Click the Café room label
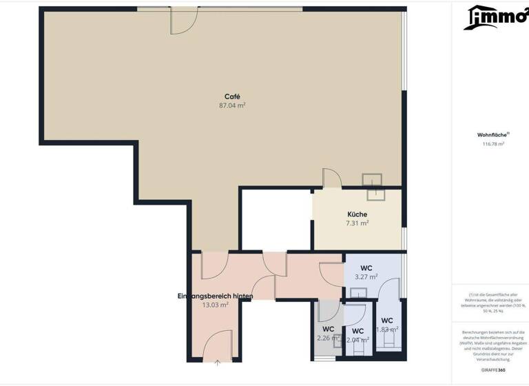232,96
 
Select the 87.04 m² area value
232,105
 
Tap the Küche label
357,214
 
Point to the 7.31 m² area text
357,223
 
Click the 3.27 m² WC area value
366,276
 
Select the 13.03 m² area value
215,304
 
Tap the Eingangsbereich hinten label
215,295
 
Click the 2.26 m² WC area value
328,338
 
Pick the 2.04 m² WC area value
357,339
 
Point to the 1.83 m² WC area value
387,329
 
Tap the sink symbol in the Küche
373,180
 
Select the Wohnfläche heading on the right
493,135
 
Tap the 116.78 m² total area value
493,144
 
